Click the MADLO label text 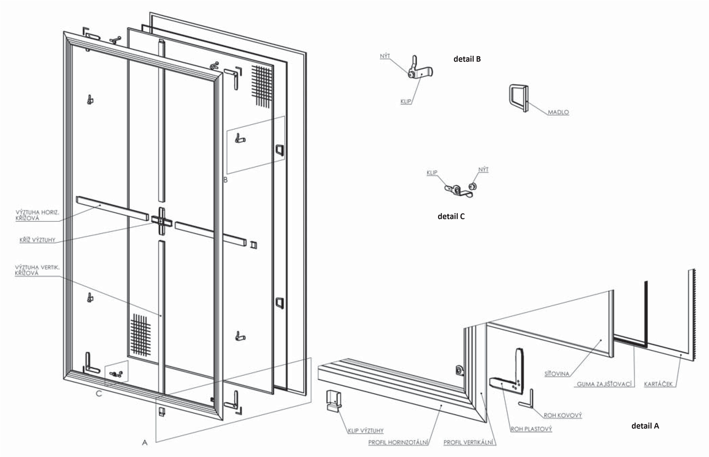tap(558, 112)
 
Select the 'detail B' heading tap(467, 59)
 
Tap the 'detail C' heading tap(451, 216)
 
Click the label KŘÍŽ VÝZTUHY tap(37, 240)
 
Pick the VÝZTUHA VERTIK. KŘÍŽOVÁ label tap(37, 270)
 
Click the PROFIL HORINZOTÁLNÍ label tap(398, 442)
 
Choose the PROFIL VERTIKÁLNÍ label tap(469, 442)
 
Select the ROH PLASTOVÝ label tap(531, 429)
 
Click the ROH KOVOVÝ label tap(563, 415)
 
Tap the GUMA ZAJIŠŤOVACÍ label tap(604, 384)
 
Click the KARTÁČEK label tap(658, 384)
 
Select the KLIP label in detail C tap(432, 173)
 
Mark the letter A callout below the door tap(145, 443)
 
